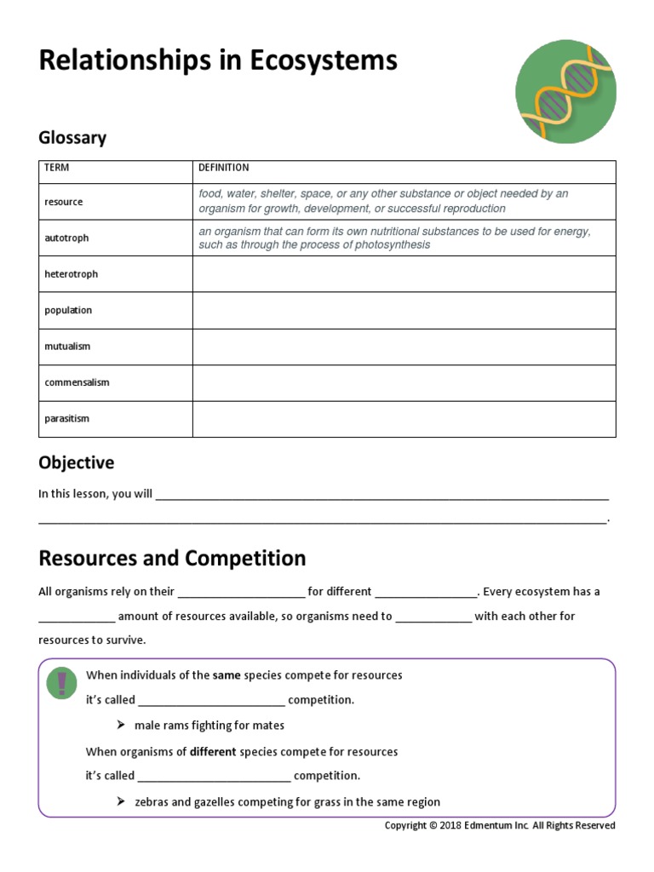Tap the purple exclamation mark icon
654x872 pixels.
pos(62,684)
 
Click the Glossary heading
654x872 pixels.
pos(72,138)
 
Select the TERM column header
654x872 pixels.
pos(56,168)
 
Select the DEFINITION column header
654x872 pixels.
pos(224,168)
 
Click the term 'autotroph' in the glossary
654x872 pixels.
pos(66,238)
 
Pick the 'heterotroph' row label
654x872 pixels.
pos(71,274)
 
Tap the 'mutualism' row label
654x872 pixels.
pos(67,347)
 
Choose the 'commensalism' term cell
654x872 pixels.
pos(77,382)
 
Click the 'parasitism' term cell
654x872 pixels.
pos(66,419)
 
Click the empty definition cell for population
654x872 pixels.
pos(404,311)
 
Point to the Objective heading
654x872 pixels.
pos(76,463)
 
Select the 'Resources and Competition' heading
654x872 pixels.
pos(172,559)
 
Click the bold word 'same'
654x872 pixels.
pos(227,675)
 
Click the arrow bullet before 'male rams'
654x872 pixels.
pos(121,726)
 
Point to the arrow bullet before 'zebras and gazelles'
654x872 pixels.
pos(121,802)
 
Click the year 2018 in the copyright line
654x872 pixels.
pos(453,825)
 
